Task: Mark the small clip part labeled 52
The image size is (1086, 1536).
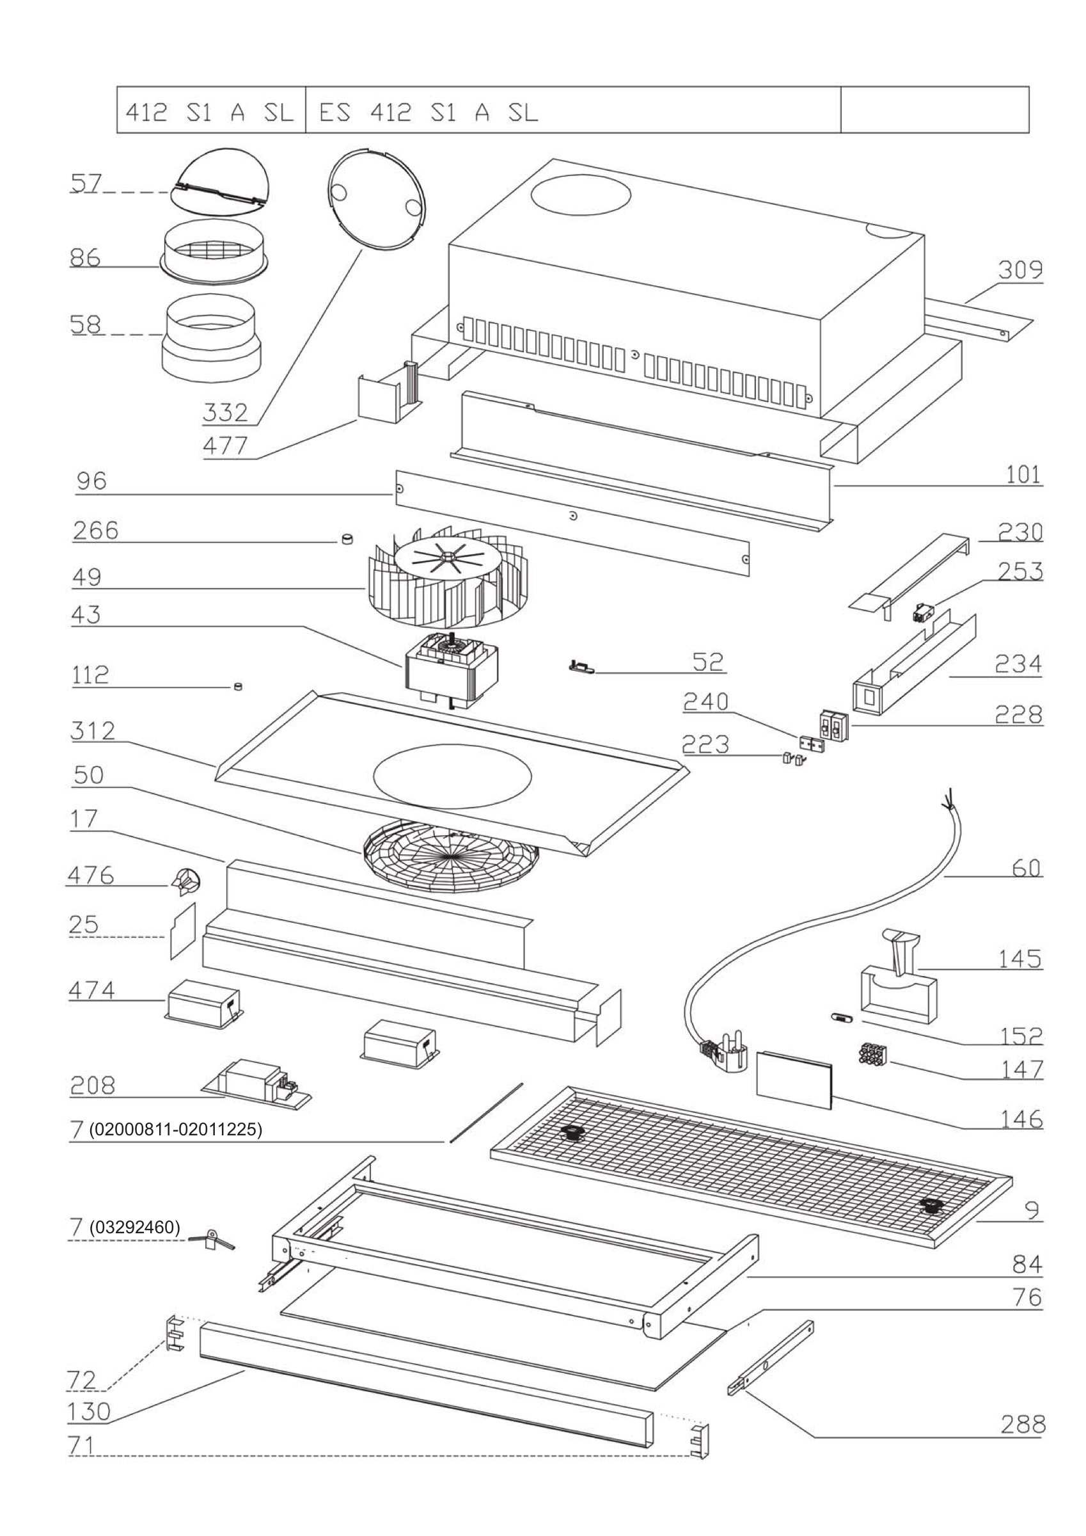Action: [x=580, y=666]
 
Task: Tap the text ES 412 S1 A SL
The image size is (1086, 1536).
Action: [x=428, y=112]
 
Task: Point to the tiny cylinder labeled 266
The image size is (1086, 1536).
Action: [x=347, y=540]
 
